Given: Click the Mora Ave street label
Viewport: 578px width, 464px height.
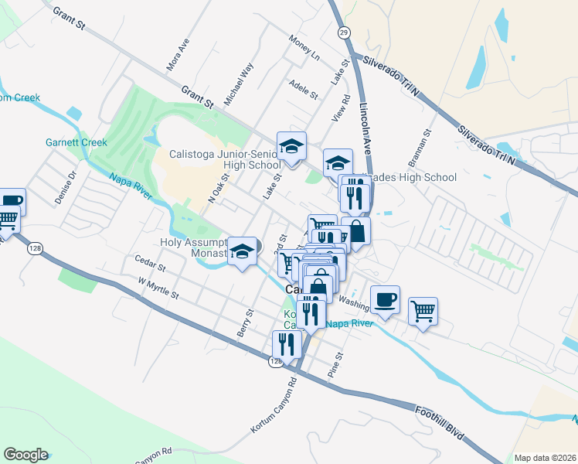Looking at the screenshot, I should tap(178, 56).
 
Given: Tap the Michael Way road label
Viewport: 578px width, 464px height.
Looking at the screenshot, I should tap(238, 84).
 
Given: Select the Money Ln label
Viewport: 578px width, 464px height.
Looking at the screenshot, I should tap(304, 48).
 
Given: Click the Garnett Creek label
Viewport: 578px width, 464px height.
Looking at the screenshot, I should tap(76, 143).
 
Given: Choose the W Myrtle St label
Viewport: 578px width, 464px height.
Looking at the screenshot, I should tap(158, 290).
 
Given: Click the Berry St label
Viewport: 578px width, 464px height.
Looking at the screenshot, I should tap(245, 324).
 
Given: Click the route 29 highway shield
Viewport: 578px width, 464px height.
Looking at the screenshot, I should tap(342, 32).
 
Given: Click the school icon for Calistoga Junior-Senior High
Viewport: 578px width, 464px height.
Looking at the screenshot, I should tap(291, 146).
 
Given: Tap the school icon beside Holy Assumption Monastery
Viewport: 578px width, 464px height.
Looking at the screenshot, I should tap(243, 251).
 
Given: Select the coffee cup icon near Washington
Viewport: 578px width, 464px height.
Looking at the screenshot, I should tap(385, 299).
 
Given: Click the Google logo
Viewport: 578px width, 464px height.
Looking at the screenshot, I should tap(25, 455).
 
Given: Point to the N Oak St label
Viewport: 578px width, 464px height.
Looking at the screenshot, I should tap(220, 189).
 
